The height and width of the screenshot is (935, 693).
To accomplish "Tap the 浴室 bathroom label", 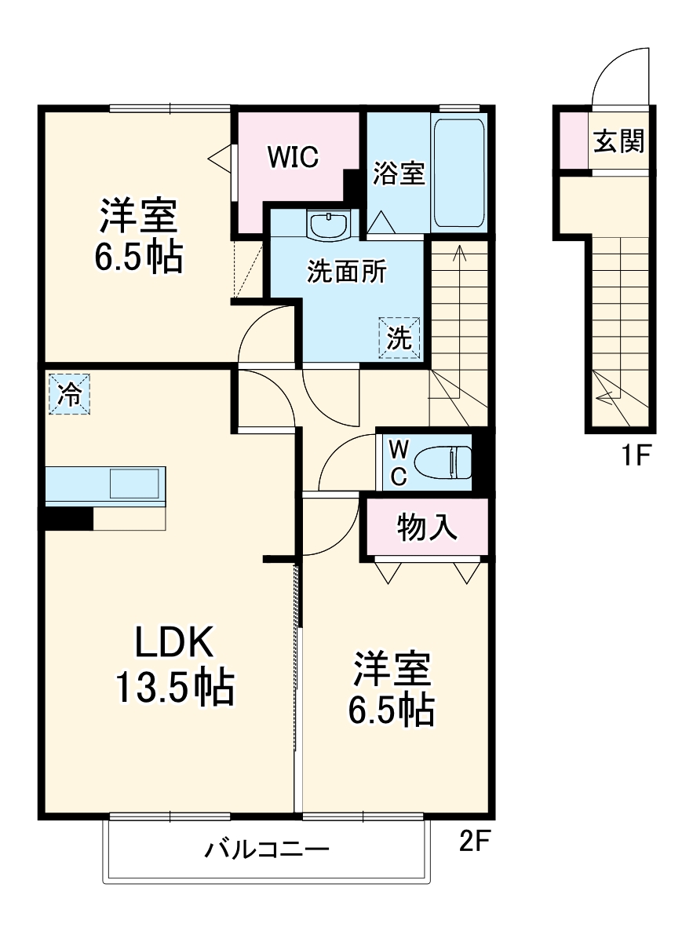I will pyautogui.click(x=399, y=173).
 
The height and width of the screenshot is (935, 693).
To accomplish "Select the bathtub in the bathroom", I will pyautogui.click(x=458, y=173).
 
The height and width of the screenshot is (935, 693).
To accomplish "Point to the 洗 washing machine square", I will pyautogui.click(x=399, y=338).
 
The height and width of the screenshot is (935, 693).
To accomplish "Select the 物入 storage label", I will pyautogui.click(x=427, y=528).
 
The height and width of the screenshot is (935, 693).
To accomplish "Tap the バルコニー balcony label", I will pyautogui.click(x=267, y=849).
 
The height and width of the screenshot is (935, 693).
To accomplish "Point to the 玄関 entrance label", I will pyautogui.click(x=618, y=141).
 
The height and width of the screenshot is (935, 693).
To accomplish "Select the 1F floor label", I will pyautogui.click(x=636, y=455).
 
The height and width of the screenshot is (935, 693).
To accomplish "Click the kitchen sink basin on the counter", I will pyautogui.click(x=133, y=484).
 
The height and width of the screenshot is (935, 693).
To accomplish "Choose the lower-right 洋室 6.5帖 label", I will pyautogui.click(x=391, y=688).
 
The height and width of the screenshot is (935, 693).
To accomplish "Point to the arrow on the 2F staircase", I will pyautogui.click(x=459, y=253).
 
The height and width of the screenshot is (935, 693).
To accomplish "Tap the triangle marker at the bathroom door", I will pyautogui.click(x=381, y=222).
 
